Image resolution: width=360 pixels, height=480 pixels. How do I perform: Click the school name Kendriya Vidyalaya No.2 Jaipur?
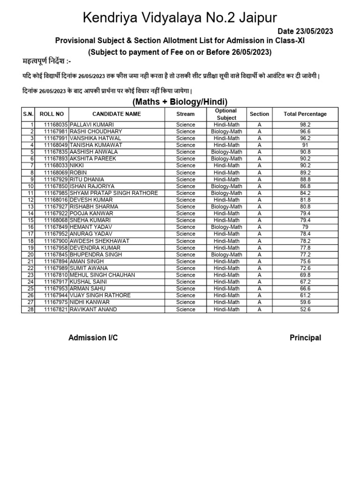click(180, 18)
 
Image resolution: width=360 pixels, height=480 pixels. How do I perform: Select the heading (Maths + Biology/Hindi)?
click(180, 102)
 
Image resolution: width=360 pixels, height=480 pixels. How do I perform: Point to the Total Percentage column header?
click(305, 114)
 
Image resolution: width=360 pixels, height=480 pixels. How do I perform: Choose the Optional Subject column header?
click(226, 114)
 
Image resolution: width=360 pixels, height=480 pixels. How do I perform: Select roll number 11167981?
click(56, 132)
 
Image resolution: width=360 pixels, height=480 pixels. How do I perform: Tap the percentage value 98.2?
click(305, 125)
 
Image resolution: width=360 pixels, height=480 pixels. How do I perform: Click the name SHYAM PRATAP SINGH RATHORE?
click(114, 193)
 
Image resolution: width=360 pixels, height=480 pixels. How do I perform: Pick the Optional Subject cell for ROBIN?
click(226, 172)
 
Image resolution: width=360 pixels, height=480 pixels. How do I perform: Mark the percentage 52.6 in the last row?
click(305, 309)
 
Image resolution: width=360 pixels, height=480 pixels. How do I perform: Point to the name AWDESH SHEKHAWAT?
click(99, 241)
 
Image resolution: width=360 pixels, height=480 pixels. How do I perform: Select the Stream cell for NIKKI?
click(186, 165)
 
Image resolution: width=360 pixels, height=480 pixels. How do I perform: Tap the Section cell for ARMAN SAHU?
click(259, 289)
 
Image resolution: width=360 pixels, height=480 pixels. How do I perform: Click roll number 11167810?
click(56, 275)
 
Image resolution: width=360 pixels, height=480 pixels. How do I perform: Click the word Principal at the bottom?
click(305, 338)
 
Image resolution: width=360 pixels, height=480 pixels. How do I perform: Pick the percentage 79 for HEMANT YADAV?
click(305, 227)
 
